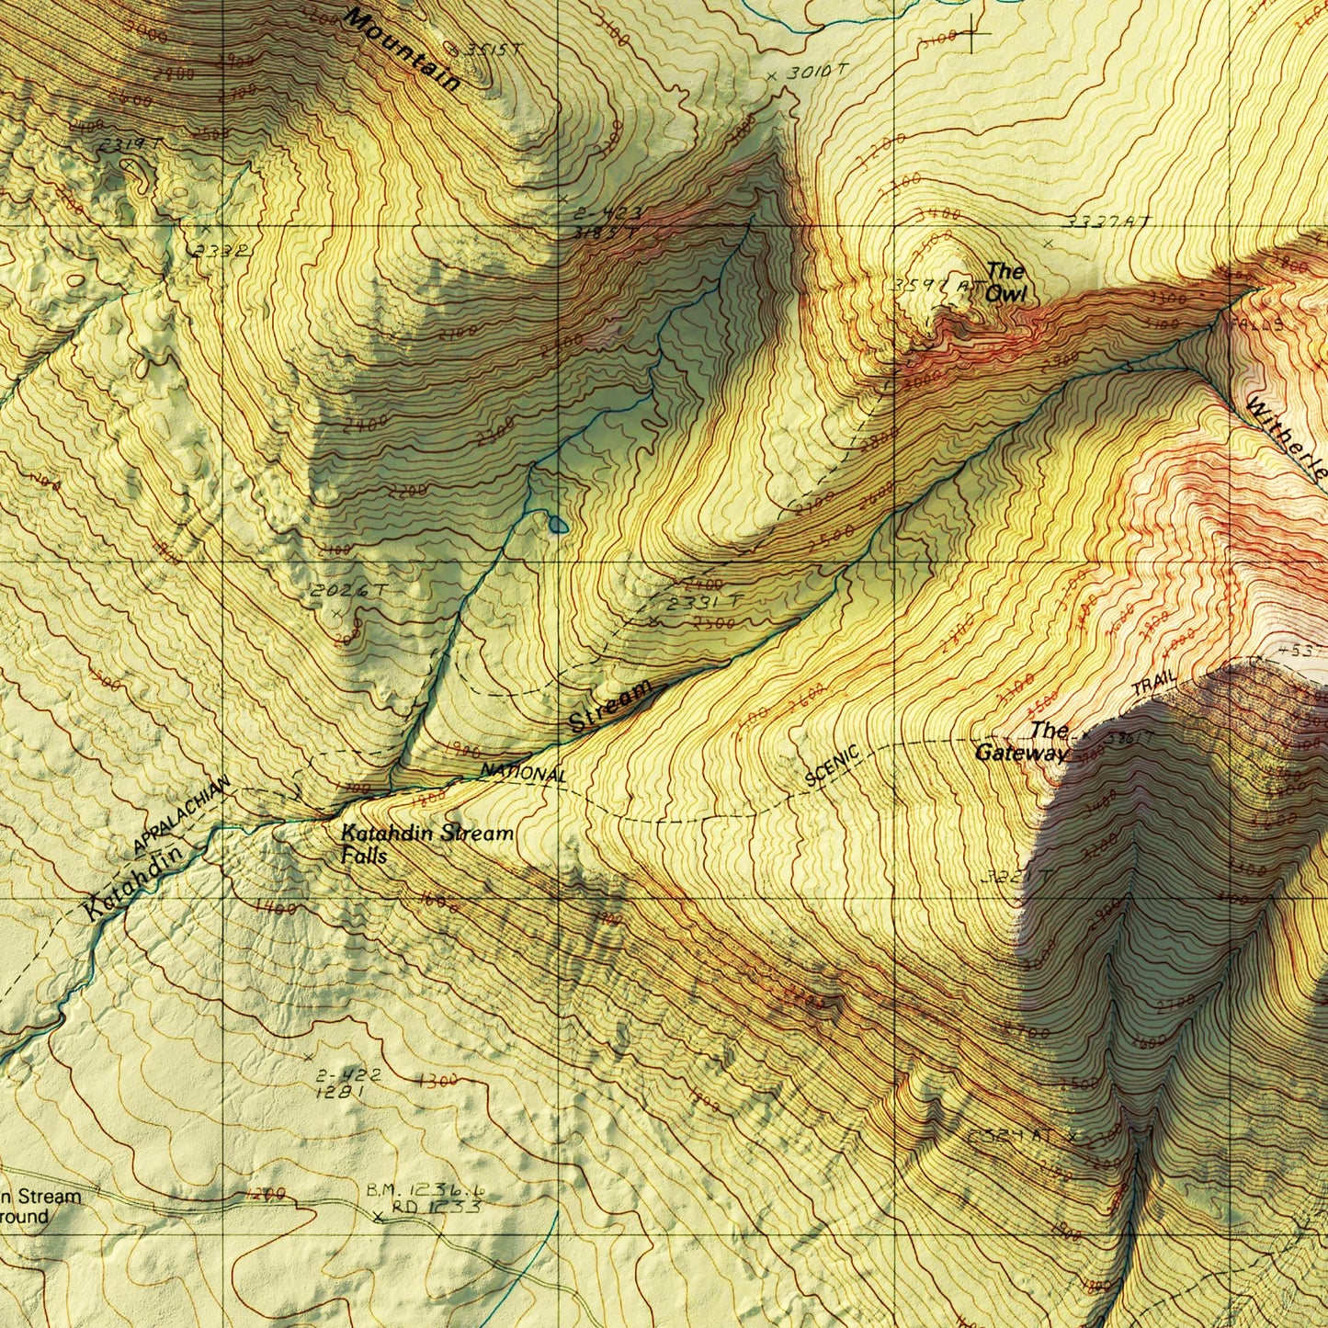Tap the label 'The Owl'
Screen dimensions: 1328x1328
click(1005, 282)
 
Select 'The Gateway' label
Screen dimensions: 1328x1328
click(1022, 742)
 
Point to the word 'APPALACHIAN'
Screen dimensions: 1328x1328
click(181, 814)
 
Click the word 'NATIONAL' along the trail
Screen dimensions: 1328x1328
click(524, 774)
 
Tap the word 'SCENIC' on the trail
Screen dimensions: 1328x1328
click(832, 766)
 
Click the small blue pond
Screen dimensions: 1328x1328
click(557, 524)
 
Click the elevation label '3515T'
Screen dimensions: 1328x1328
click(487, 50)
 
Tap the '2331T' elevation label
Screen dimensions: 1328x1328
click(705, 603)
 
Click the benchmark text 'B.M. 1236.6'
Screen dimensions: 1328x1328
click(425, 1190)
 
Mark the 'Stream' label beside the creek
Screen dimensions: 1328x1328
click(611, 707)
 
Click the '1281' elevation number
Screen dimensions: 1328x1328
click(340, 1093)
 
